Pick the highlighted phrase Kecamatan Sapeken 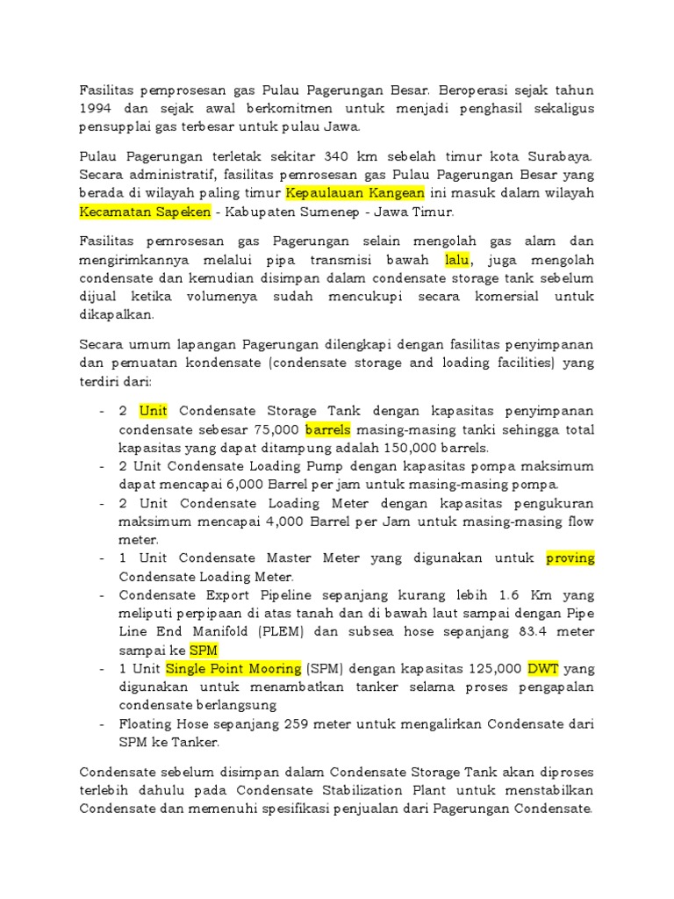click(x=145, y=212)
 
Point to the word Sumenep click(x=320, y=212)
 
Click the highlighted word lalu click(x=458, y=260)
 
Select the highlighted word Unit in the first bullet click(x=154, y=412)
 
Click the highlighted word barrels click(x=328, y=430)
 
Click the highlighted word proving click(x=570, y=558)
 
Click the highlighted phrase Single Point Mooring click(x=233, y=669)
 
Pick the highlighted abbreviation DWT click(x=544, y=669)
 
